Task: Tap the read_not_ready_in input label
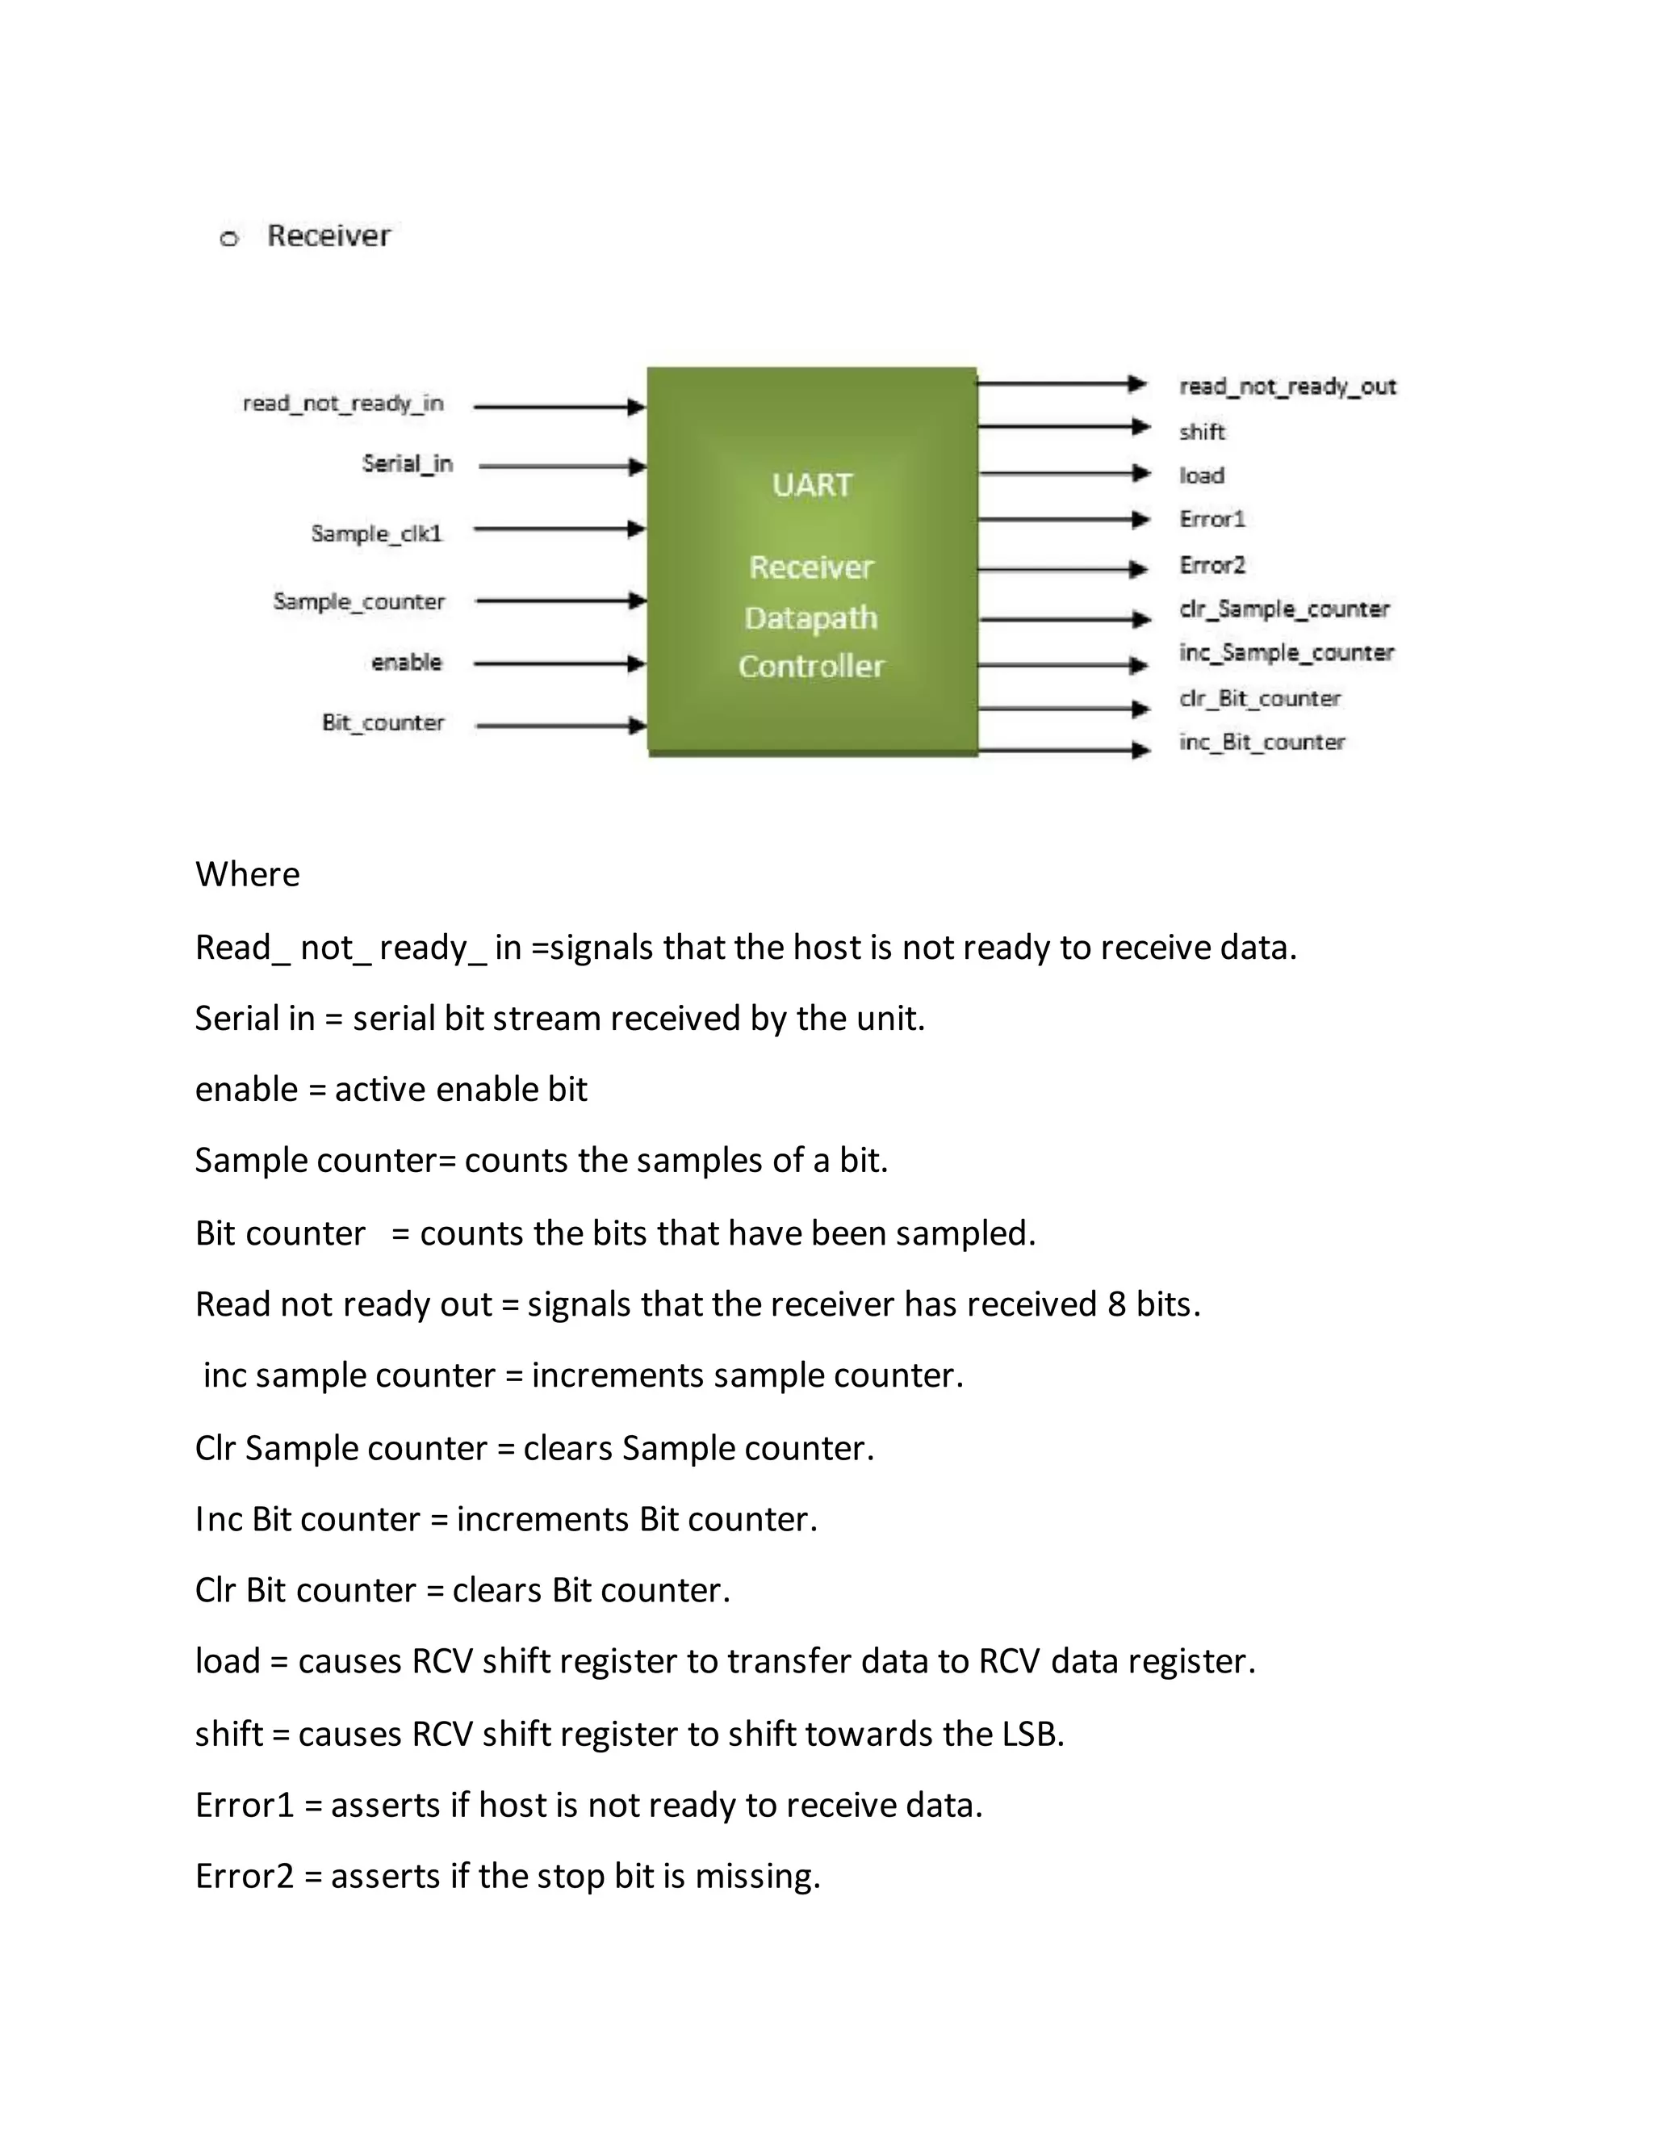pos(343,404)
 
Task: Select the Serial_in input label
pos(408,463)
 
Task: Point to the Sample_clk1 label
pos(377,534)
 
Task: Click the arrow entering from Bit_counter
pos(560,726)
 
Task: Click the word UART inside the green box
pos(812,485)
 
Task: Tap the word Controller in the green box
pos(811,666)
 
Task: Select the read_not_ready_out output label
pos(1287,387)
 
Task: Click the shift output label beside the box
pos(1202,432)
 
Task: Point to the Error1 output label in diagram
pos(1212,519)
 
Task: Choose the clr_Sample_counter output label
pos(1284,609)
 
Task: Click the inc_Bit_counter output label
pos(1262,743)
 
